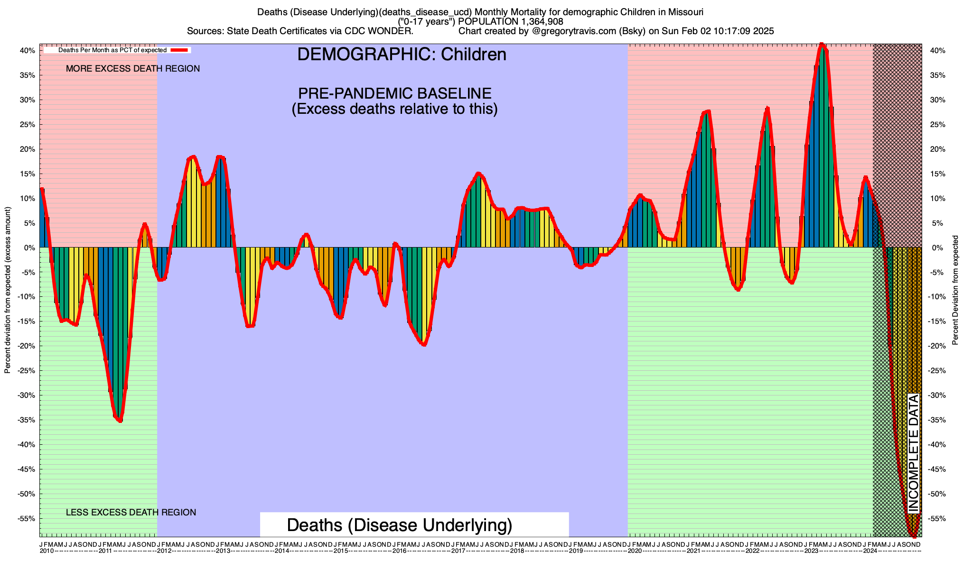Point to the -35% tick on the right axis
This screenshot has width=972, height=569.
pyautogui.click(x=934, y=420)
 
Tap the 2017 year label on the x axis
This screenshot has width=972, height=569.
pyautogui.click(x=458, y=551)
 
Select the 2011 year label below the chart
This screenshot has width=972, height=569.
pyautogui.click(x=105, y=551)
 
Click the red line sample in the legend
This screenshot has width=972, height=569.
pyautogui.click(x=180, y=50)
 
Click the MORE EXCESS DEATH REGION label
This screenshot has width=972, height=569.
pyautogui.click(x=133, y=69)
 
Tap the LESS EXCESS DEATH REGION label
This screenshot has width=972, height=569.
pyautogui.click(x=131, y=513)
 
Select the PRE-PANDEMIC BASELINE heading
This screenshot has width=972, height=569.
pyautogui.click(x=394, y=93)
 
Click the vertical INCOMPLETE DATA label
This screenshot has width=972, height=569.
pyautogui.click(x=914, y=453)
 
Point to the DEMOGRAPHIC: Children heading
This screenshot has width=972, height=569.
pyautogui.click(x=402, y=55)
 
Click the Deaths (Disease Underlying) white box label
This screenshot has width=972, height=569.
pyautogui.click(x=400, y=525)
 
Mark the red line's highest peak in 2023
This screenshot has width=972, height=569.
pyautogui.click(x=822, y=45)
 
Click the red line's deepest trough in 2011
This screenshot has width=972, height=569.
pyautogui.click(x=120, y=421)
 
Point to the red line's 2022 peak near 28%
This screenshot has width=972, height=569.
pyautogui.click(x=767, y=109)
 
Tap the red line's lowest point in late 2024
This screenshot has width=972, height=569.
pyautogui.click(x=914, y=536)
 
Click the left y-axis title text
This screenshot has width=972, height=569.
pyautogui.click(x=8, y=290)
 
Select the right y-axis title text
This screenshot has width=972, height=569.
pyautogui.click(x=955, y=290)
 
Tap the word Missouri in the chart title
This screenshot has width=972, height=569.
pyautogui.click(x=687, y=12)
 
